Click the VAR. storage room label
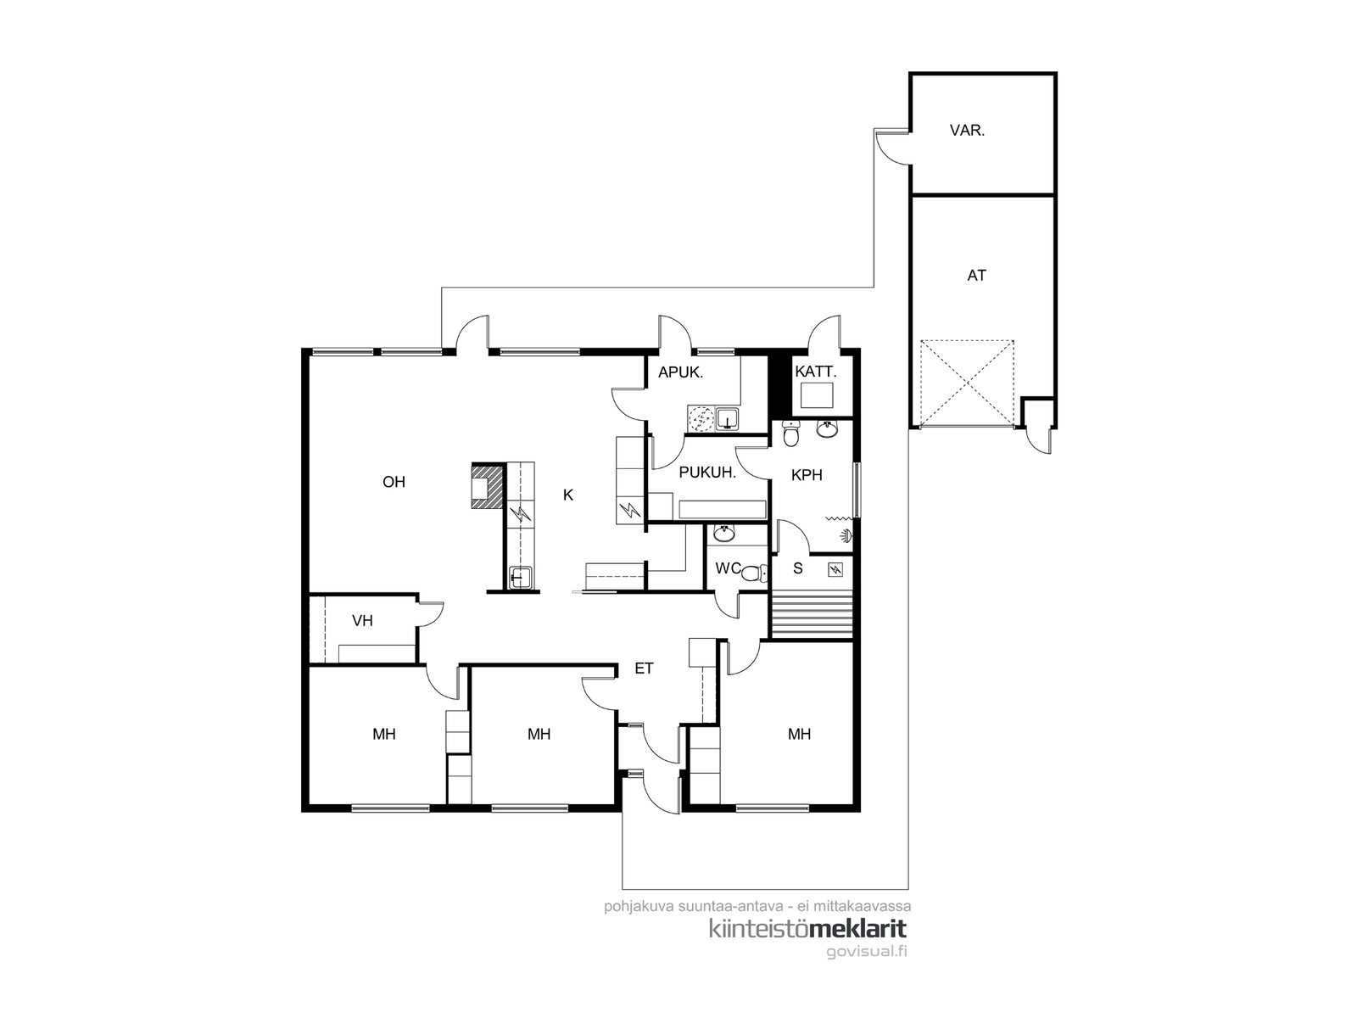coord(967,131)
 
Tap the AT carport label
coord(976,276)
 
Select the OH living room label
coord(394,482)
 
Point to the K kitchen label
coord(568,495)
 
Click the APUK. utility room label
coord(681,372)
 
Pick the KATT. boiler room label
coord(815,372)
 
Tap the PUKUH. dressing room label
coord(707,473)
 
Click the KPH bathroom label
coord(807,475)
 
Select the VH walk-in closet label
coord(363,621)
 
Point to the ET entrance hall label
coord(645,668)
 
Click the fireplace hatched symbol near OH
coord(488,485)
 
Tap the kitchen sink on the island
coord(520,578)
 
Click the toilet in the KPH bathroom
coord(790,433)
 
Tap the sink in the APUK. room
coord(728,418)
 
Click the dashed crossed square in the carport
coord(967,383)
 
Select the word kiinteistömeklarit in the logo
coord(807,929)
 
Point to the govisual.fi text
coord(867,951)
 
